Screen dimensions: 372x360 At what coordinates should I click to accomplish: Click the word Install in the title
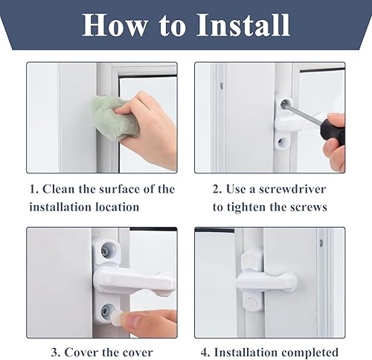point(243,25)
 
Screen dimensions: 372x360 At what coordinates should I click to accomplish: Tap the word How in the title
point(115,25)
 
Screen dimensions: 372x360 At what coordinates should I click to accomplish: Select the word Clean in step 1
point(58,189)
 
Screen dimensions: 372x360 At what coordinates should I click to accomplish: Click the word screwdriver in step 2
point(292,190)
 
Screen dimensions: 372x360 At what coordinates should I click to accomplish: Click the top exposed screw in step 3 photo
point(106,250)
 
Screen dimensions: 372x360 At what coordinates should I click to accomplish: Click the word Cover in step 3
point(79,353)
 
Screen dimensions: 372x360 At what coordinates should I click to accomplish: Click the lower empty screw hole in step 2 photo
point(281,142)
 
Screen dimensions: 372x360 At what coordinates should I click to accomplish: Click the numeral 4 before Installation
point(204,353)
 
